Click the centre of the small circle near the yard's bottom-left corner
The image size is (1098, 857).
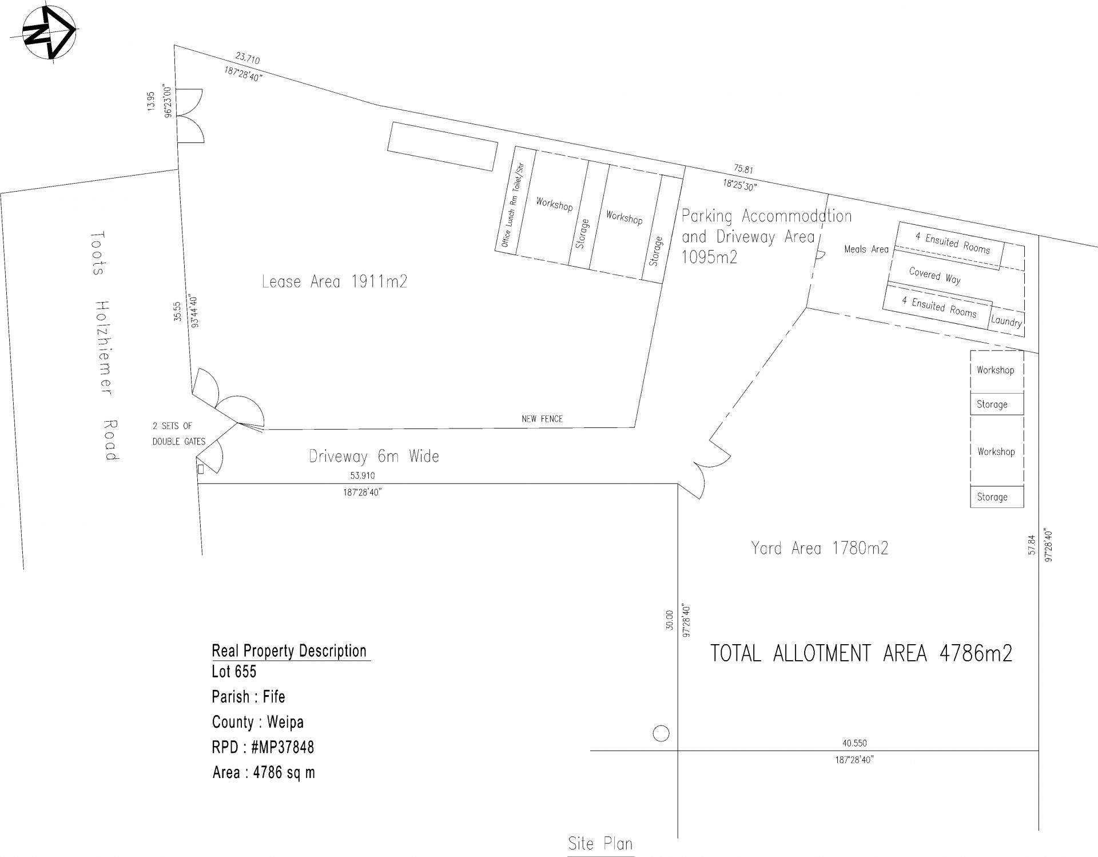pos(661,733)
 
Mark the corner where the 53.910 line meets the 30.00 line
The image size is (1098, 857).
pos(678,484)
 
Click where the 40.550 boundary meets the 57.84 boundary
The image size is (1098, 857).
pos(1039,750)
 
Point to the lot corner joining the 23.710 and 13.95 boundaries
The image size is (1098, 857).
pos(174,45)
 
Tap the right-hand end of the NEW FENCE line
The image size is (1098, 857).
pos(635,427)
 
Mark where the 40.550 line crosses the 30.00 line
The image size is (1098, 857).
pos(678,750)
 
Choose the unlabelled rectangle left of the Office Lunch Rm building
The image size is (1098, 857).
pos(442,146)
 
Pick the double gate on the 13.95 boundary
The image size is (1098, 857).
pos(190,116)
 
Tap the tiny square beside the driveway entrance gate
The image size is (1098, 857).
pos(201,469)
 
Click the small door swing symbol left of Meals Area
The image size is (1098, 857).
pos(819,256)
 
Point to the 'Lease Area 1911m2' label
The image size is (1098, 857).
pos(335,281)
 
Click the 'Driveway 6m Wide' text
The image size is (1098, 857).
pos(374,457)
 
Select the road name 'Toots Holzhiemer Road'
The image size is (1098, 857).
pos(105,346)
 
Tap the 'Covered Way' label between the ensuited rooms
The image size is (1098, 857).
pos(935,276)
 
